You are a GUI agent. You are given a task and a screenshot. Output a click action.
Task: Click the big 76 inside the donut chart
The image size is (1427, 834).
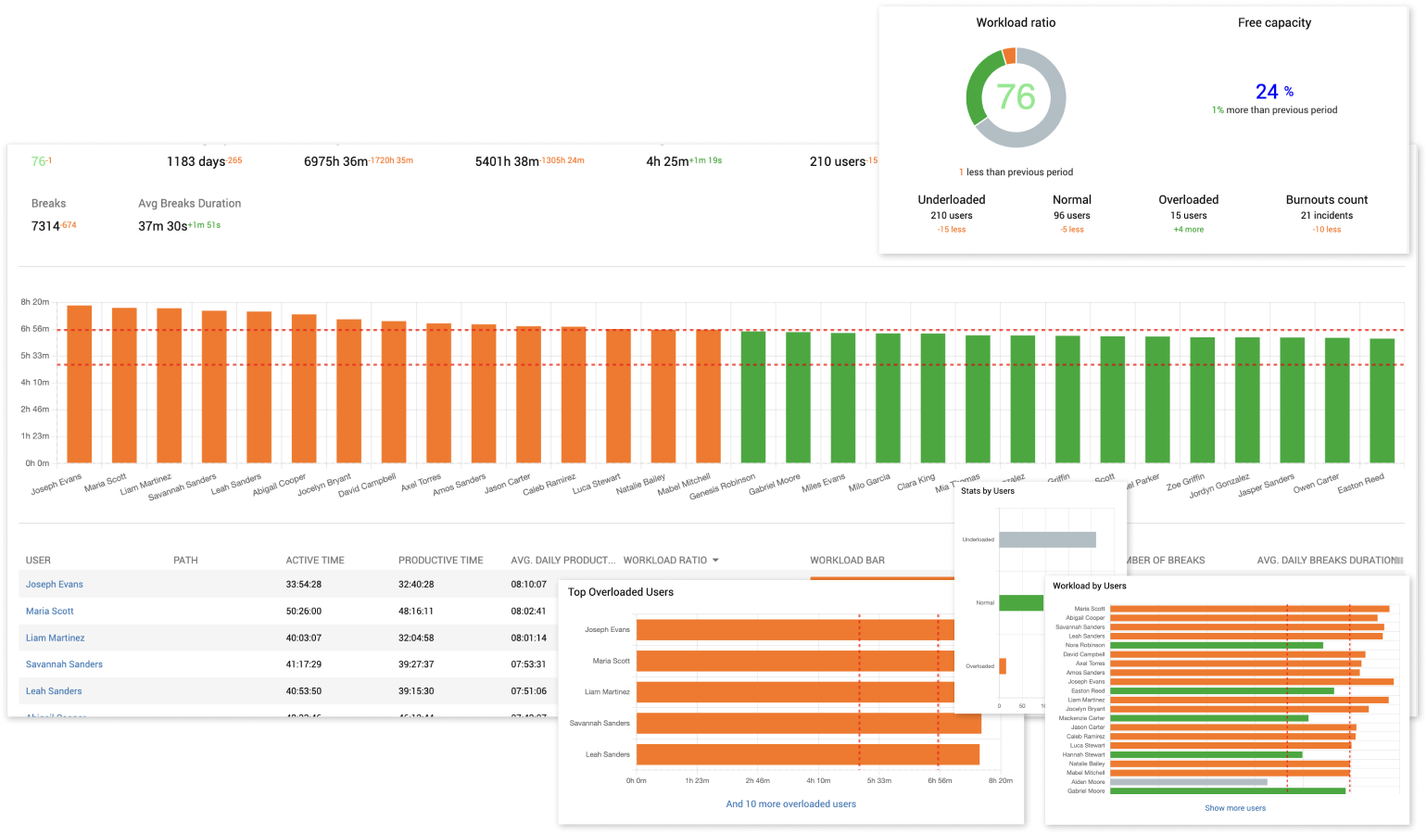click(x=1016, y=97)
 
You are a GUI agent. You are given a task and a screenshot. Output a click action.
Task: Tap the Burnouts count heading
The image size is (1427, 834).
click(x=1326, y=199)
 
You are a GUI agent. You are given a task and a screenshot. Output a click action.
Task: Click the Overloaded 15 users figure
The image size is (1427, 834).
click(x=1188, y=215)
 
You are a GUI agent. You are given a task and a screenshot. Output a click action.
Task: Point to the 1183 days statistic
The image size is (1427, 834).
click(x=196, y=161)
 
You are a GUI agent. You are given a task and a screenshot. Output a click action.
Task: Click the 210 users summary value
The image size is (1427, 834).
click(x=837, y=161)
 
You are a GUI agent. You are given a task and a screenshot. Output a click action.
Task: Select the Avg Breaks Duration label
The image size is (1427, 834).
click(x=189, y=203)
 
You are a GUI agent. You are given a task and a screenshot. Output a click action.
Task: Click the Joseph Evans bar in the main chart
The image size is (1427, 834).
click(x=80, y=384)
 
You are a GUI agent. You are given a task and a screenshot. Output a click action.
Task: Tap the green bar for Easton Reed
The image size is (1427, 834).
click(x=1382, y=400)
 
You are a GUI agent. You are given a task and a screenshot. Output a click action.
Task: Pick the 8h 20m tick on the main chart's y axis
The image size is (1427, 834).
click(x=35, y=302)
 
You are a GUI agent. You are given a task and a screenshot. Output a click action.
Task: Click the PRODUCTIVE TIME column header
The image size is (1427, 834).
click(x=440, y=561)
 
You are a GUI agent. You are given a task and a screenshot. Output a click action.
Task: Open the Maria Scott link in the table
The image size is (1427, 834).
click(x=50, y=612)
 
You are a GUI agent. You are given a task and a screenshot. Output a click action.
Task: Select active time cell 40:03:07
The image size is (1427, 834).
click(x=304, y=638)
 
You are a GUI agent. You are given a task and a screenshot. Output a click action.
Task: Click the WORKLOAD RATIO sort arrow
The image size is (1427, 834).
click(x=715, y=561)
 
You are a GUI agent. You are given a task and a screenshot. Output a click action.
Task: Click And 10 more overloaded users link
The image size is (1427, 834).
click(x=790, y=804)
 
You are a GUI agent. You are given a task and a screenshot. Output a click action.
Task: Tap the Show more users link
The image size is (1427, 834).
click(x=1235, y=808)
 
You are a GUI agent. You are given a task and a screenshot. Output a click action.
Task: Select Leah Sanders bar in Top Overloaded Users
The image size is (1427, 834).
click(x=807, y=754)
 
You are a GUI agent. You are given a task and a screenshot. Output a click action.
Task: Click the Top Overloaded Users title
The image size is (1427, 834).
click(x=620, y=592)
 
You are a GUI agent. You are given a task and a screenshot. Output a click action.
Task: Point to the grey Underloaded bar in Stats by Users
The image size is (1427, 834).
click(x=1047, y=539)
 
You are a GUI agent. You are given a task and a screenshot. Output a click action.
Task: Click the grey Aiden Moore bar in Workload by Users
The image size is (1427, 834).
click(x=1188, y=782)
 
